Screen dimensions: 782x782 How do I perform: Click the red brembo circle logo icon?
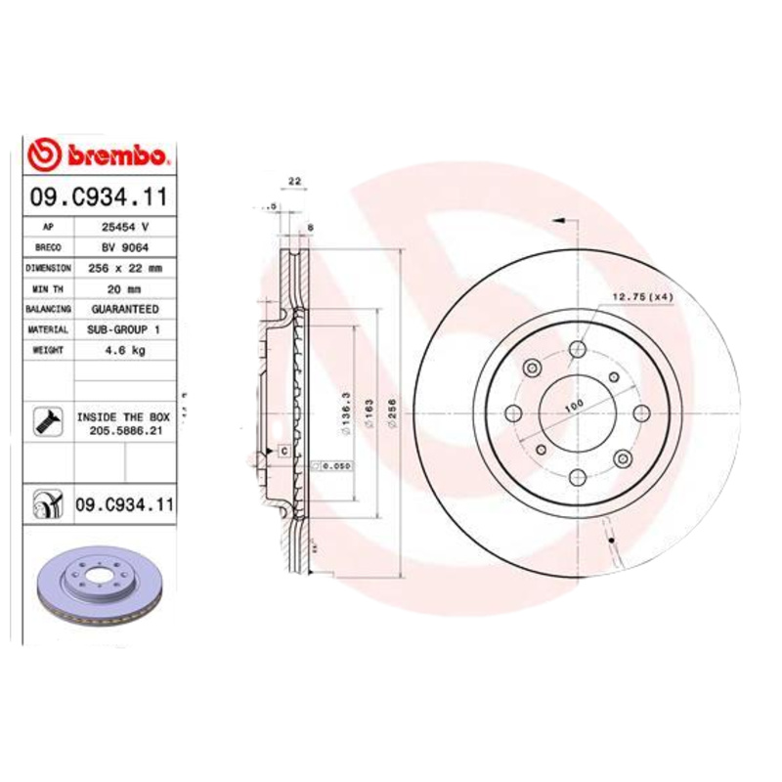tap(45, 154)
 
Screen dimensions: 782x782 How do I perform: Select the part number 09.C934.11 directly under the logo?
tap(98, 195)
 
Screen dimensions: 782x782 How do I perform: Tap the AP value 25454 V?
tap(124, 226)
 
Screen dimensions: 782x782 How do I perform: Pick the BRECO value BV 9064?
tap(124, 246)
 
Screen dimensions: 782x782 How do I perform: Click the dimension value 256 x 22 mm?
tap(124, 267)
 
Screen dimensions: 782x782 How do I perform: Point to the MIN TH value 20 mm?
tap(124, 288)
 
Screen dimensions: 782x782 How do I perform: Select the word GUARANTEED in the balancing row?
tap(124, 309)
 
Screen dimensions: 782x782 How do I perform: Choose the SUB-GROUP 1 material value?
tap(124, 330)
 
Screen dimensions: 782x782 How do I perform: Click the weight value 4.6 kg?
tap(124, 351)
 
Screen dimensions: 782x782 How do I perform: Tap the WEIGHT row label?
tap(48, 351)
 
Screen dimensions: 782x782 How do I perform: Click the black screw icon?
tap(46, 422)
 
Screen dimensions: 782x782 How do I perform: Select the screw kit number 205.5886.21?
tap(123, 430)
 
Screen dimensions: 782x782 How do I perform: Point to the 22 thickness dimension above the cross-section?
tap(293, 182)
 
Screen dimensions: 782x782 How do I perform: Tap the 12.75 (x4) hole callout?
tap(642, 296)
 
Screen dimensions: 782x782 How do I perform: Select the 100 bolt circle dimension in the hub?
tap(572, 405)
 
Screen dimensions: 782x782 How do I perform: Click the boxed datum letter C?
tap(282, 451)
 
